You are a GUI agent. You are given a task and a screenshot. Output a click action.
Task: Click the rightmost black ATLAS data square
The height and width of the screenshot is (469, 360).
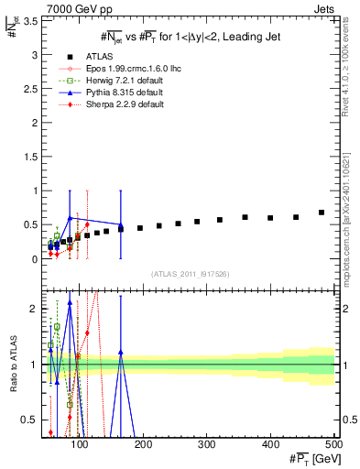[x=322, y=213]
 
